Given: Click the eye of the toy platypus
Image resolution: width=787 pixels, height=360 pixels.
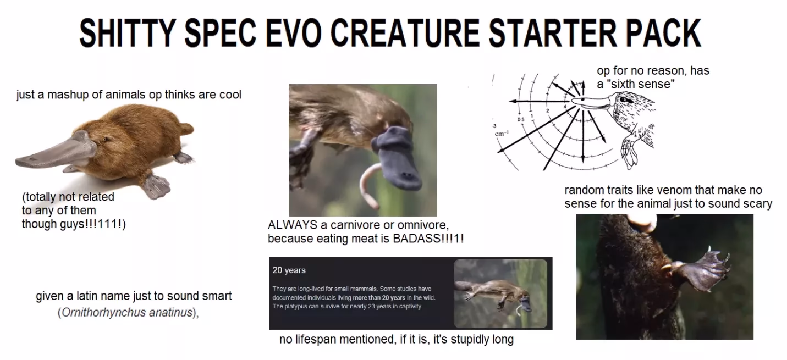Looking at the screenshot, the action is (x=103, y=140).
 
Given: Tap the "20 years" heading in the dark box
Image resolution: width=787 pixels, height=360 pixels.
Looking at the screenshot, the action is (x=289, y=270).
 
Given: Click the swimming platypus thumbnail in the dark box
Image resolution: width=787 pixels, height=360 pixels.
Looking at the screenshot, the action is (x=500, y=293).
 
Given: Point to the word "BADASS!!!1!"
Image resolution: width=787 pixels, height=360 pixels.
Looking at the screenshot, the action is (x=428, y=239).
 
